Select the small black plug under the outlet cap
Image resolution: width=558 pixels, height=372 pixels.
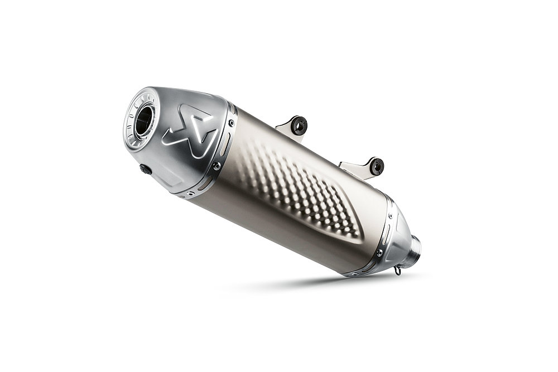146,170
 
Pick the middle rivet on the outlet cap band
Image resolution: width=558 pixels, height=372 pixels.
217,166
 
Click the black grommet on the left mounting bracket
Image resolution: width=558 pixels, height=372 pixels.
299,126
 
